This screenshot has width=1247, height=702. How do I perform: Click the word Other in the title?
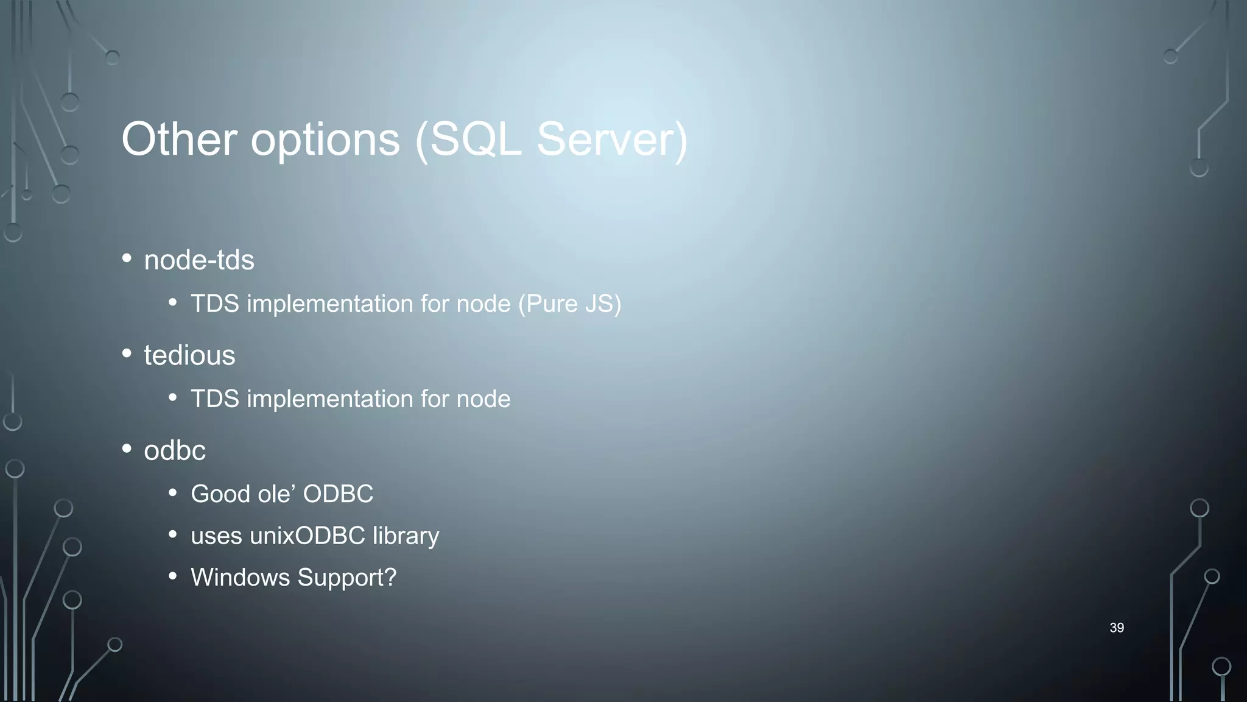click(x=179, y=140)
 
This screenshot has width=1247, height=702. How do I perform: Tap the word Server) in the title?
click(x=612, y=140)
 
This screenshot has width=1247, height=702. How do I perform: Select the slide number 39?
click(x=1117, y=628)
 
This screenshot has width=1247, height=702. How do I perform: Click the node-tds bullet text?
click(x=199, y=260)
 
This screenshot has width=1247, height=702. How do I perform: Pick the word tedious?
click(x=189, y=355)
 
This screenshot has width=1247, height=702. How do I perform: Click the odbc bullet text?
click(x=175, y=451)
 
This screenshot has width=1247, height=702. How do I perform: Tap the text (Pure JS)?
click(x=570, y=304)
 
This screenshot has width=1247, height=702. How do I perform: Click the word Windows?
click(x=241, y=578)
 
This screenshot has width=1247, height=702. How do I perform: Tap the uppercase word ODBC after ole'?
click(x=338, y=494)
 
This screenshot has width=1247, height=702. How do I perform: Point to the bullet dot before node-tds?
click(x=127, y=258)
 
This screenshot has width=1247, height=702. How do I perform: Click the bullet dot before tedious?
click(x=127, y=353)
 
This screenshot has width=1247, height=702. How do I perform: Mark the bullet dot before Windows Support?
click(x=173, y=576)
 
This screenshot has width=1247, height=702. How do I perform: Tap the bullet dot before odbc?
click(x=127, y=449)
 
